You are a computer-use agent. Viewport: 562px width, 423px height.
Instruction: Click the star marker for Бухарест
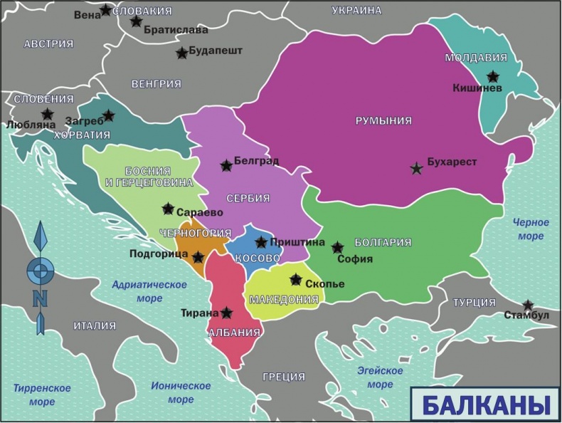416,169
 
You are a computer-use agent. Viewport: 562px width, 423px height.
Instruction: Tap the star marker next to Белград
226,166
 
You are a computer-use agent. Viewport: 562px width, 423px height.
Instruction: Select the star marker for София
337,248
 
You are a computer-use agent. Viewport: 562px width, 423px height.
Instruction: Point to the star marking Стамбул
528,305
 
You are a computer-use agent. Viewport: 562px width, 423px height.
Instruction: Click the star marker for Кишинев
492,77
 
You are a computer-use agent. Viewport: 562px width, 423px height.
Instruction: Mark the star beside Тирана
226,313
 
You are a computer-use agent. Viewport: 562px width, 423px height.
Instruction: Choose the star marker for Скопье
296,280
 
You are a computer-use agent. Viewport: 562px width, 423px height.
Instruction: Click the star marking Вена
105,10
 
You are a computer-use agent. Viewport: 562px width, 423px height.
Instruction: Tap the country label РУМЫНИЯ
383,121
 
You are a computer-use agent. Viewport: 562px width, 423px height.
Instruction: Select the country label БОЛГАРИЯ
382,242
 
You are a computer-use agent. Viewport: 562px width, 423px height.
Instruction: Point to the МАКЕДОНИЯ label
284,300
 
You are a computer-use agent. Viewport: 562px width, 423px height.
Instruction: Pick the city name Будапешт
216,51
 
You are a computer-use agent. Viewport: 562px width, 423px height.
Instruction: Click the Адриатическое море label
149,291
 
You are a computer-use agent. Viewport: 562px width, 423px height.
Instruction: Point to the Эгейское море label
379,377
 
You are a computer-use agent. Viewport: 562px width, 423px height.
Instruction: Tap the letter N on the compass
41,299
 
